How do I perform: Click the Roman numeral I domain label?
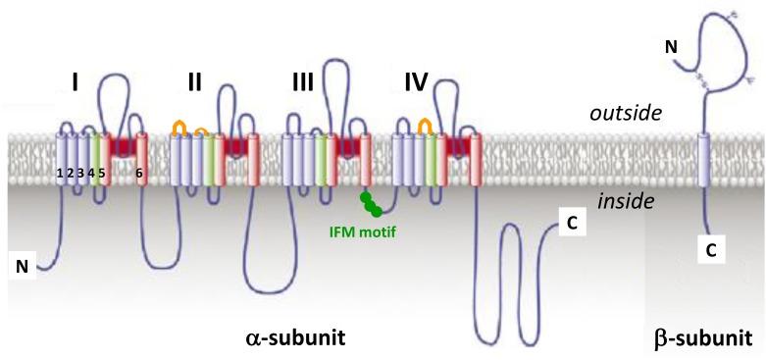[76, 83]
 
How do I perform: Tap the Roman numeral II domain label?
[194, 83]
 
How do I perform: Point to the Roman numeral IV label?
[416, 83]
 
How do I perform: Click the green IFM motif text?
[362, 232]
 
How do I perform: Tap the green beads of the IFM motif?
[371, 204]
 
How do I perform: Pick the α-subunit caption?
[294, 338]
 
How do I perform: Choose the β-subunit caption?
[702, 338]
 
